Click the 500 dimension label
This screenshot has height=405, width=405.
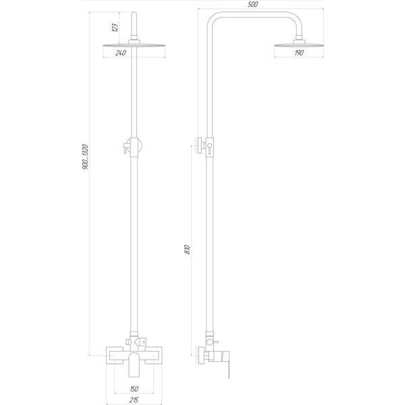[x=252, y=5]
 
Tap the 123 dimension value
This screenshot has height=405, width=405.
[x=115, y=28]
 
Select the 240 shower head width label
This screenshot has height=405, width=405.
[x=121, y=53]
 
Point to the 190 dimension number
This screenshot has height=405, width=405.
[x=299, y=53]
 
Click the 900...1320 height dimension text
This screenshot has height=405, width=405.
[x=85, y=157]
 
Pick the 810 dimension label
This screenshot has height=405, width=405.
[x=188, y=249]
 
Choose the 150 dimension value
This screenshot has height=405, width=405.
[x=134, y=389]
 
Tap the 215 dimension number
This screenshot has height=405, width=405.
[x=134, y=400]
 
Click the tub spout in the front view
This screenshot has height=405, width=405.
[x=134, y=364]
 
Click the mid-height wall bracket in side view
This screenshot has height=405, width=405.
[x=201, y=146]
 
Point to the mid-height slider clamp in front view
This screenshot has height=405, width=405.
[x=133, y=147]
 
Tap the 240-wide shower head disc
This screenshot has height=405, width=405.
[x=134, y=46]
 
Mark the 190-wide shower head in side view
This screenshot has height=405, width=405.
[x=299, y=45]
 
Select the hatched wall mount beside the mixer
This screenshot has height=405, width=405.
[x=201, y=356]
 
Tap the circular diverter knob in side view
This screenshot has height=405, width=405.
[x=209, y=342]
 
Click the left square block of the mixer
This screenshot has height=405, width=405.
[x=115, y=356]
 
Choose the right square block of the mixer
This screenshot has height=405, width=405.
[x=153, y=356]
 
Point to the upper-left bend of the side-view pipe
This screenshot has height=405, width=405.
[x=213, y=18]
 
